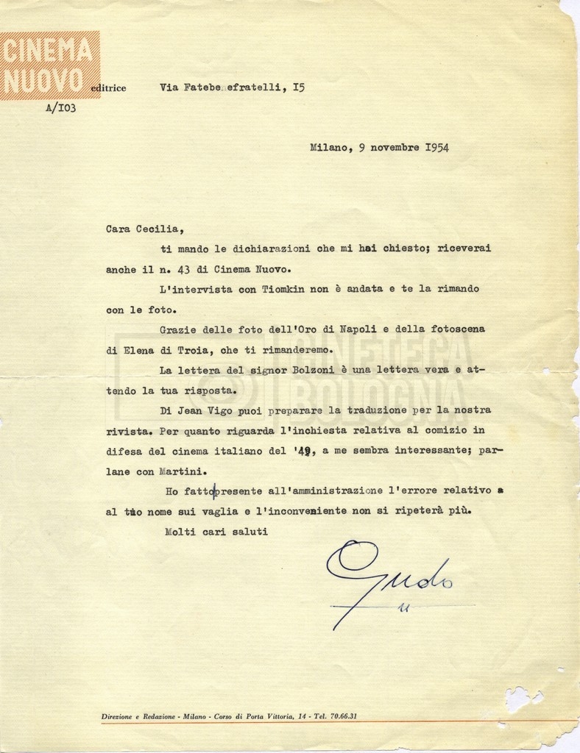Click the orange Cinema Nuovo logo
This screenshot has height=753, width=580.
pos(49,65)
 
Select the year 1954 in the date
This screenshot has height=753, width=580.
pos(436,147)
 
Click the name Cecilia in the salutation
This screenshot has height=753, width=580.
pos(153,229)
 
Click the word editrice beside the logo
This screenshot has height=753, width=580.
pos(108,88)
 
